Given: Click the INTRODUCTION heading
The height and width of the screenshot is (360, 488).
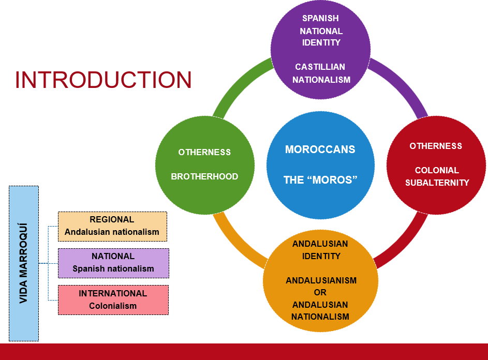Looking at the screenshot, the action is click(x=103, y=80).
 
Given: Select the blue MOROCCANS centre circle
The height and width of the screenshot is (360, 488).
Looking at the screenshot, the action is click(x=320, y=165).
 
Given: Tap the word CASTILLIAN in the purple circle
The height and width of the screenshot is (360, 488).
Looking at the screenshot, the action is click(x=320, y=67).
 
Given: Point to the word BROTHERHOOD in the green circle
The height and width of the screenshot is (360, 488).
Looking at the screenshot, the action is click(x=204, y=176).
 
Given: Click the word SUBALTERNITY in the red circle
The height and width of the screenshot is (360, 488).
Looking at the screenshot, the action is click(x=437, y=183).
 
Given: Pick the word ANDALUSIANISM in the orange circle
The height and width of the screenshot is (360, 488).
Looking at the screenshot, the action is click(x=321, y=280).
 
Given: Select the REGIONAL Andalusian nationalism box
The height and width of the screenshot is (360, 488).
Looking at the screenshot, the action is click(x=112, y=227).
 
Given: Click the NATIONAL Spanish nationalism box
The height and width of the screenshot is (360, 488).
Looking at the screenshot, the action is click(x=114, y=263).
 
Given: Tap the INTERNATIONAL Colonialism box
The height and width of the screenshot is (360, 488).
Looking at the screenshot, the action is click(x=113, y=300).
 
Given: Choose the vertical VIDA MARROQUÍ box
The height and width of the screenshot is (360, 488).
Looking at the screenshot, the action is click(x=24, y=264).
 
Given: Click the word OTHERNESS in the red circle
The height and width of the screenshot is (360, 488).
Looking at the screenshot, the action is click(x=436, y=146).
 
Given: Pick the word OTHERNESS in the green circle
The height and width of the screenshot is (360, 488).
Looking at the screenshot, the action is click(x=204, y=152).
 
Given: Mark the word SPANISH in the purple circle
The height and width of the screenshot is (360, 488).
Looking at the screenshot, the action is click(x=320, y=18).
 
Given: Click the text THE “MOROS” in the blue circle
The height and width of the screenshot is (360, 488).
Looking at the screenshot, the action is click(x=320, y=180).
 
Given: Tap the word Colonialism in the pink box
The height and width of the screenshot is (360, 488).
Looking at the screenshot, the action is click(x=113, y=306).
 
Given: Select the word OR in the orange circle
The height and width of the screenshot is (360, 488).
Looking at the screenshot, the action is click(x=320, y=292).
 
